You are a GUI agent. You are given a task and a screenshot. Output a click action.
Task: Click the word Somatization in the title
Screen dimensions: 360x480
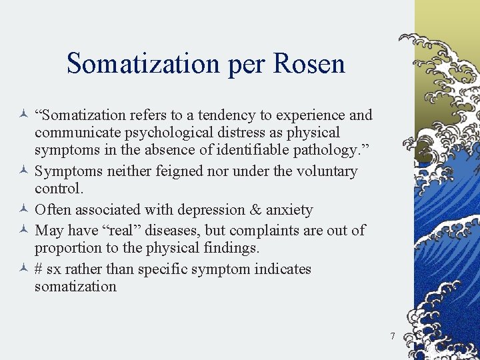143,64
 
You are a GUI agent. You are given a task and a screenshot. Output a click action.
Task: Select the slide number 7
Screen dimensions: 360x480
393,336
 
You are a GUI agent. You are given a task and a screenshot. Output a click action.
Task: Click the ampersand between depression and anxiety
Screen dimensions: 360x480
255,210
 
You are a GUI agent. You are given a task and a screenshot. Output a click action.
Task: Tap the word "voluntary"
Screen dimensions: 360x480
325,171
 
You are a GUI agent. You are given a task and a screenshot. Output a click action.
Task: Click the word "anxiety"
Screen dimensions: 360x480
289,211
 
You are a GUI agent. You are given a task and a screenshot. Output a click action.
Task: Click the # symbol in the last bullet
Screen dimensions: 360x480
39,269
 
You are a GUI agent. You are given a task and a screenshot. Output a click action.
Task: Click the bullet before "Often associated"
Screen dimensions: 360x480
24,210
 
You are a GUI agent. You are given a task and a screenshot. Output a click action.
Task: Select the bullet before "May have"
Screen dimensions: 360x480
24,231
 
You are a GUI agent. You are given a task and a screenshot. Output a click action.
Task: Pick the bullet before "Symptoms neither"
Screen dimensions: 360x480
24,171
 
